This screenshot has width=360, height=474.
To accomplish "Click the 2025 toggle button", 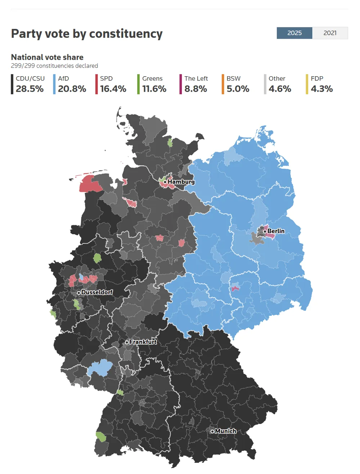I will pyautogui.click(x=294, y=33).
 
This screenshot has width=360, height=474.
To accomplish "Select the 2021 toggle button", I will pyautogui.click(x=330, y=33).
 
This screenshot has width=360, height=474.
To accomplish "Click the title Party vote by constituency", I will pyautogui.click(x=87, y=33).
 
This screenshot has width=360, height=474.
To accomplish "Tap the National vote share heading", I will pyautogui.click(x=47, y=57).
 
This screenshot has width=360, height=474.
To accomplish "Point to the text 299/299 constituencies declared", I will pyautogui.click(x=54, y=66).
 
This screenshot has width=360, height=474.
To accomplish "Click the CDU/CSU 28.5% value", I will pyautogui.click(x=30, y=89).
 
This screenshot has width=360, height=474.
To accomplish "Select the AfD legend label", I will pyautogui.click(x=63, y=78).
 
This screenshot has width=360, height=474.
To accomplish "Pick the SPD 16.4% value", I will pyautogui.click(x=113, y=89).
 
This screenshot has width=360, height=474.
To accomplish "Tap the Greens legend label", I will pyautogui.click(x=152, y=78).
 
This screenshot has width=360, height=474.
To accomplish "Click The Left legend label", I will pyautogui.click(x=196, y=78).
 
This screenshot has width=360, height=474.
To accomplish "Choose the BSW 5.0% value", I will pyautogui.click(x=238, y=89).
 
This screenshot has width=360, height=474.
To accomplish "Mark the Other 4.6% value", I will pyautogui.click(x=280, y=89).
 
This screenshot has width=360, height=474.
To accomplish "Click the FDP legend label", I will pyautogui.click(x=317, y=78).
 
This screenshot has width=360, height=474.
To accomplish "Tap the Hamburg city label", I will pyautogui.click(x=181, y=182).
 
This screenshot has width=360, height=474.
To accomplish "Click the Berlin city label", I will pyautogui.click(x=276, y=231).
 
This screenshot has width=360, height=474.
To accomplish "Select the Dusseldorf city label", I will pyautogui.click(x=96, y=292).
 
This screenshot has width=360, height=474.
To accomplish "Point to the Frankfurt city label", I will pyautogui.click(x=143, y=342).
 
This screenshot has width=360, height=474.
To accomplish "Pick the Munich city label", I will pyautogui.click(x=225, y=431).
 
